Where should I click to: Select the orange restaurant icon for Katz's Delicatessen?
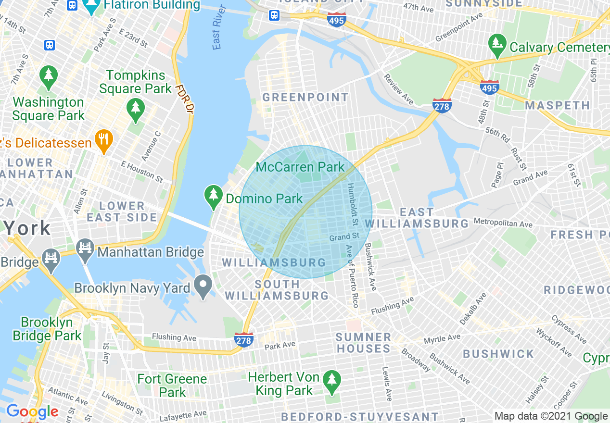tap(104, 141)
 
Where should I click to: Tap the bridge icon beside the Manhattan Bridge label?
tap(86, 250)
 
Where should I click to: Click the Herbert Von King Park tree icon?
tap(331, 380)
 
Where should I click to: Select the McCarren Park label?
tap(300, 167)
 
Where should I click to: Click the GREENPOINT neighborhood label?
tap(305, 97)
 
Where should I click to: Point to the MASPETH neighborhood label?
tap(557, 105)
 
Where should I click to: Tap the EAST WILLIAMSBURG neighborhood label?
tap(417, 218)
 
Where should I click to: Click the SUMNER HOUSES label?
tap(364, 343)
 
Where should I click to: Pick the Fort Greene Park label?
tap(172, 386)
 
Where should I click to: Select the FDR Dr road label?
tap(185, 99)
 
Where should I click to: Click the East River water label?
tap(217, 33)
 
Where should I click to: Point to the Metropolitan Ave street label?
tap(503, 223)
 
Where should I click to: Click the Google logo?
tap(32, 412)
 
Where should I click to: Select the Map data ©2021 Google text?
tap(551, 416)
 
